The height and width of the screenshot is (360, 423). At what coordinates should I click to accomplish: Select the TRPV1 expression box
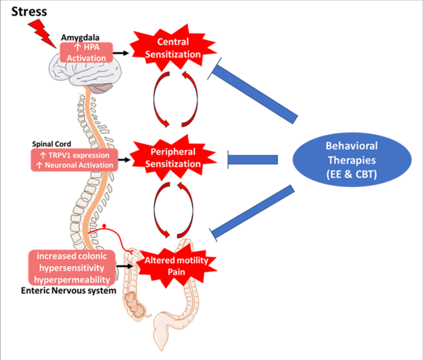[x=74, y=160]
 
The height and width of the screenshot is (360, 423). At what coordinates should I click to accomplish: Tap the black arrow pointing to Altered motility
[x=125, y=267]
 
